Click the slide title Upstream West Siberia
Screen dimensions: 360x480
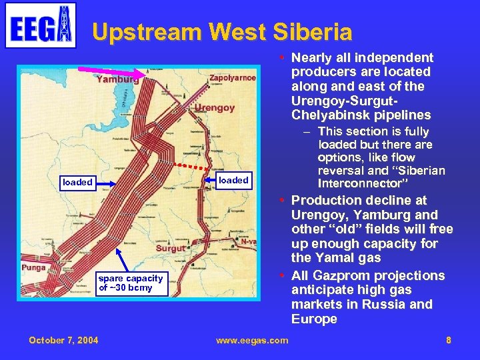tap(222, 31)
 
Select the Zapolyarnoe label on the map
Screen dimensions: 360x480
tap(233, 78)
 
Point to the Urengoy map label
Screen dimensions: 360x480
tap(215, 107)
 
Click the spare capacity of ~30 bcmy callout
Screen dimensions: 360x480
tap(131, 283)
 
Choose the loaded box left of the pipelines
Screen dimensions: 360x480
tap(77, 182)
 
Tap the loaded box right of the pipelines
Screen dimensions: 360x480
tap(233, 179)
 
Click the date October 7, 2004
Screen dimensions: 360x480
tap(63, 340)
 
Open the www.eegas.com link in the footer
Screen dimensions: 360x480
tap(252, 340)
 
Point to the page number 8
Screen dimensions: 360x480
tap(449, 340)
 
